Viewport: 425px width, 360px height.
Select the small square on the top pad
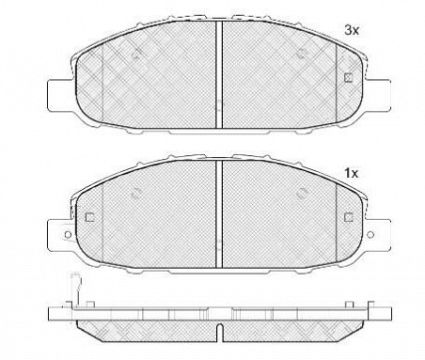(347, 79)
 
